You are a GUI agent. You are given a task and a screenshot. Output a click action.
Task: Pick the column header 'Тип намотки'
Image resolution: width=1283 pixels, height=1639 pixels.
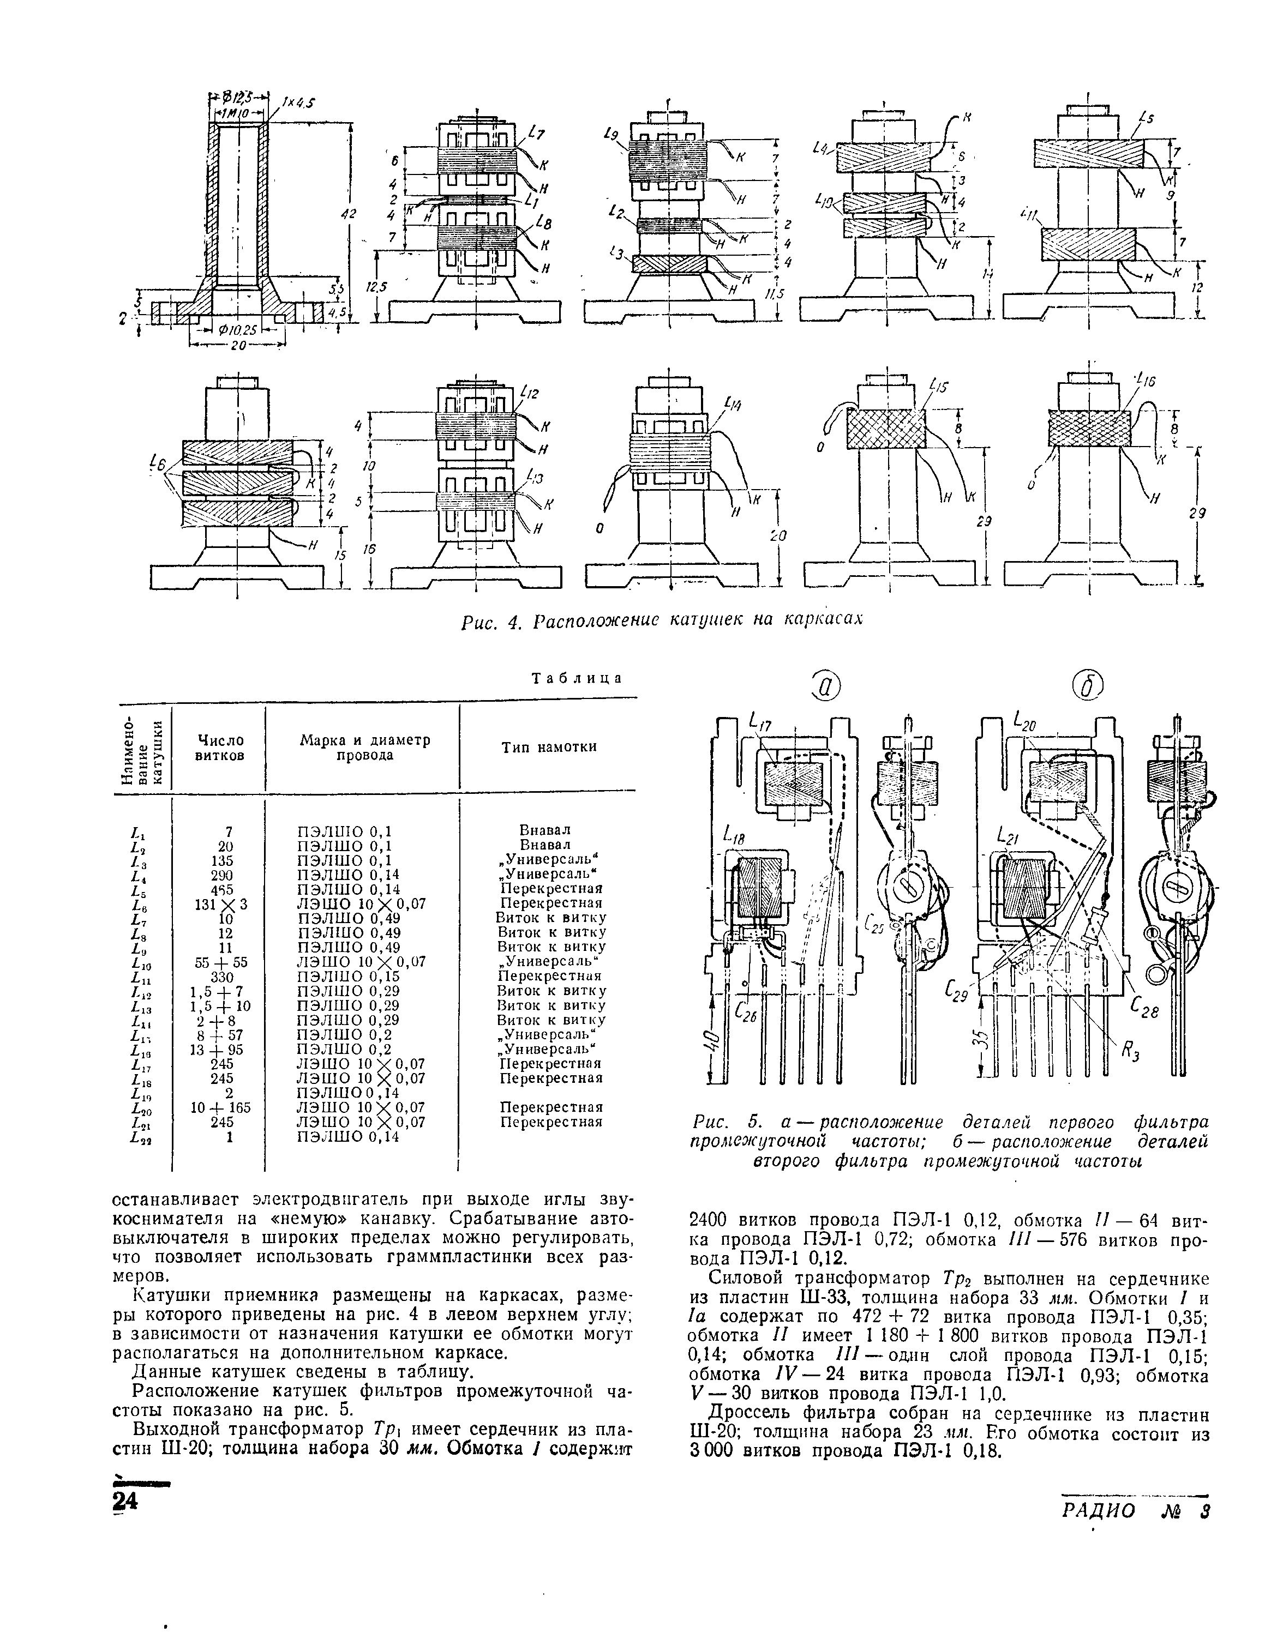pos(548,746)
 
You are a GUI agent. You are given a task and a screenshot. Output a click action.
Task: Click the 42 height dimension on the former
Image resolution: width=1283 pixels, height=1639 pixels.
pos(347,215)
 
